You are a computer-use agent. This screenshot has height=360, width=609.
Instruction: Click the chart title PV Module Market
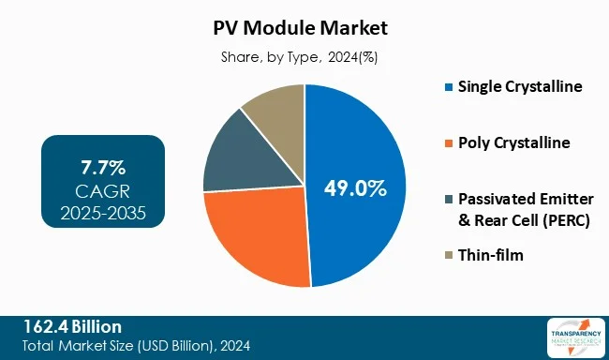(304, 28)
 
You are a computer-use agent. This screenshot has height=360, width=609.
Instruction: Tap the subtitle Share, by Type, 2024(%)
(304, 57)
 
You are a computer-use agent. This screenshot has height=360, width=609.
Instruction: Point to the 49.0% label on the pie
(356, 188)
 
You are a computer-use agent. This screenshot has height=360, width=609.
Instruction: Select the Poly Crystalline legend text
(513, 142)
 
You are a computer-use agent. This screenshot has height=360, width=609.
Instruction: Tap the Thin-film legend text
(490, 255)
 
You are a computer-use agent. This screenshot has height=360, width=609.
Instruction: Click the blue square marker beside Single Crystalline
(449, 88)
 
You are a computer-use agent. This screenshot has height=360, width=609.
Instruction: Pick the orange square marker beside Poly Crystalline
(449, 143)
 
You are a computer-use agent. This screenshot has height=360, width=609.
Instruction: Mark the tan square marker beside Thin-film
(449, 255)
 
